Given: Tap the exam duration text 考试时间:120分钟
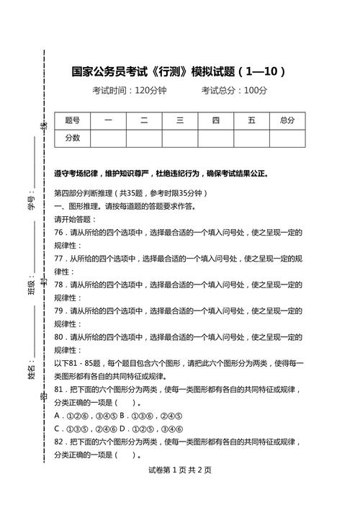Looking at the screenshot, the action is [x=129, y=91].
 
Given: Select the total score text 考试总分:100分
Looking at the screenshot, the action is [x=234, y=91].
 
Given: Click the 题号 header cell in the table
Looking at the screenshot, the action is [x=73, y=120].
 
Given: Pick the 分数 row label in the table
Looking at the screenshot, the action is [x=73, y=138].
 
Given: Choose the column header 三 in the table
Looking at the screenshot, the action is [x=180, y=120].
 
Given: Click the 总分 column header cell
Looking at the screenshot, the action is [x=287, y=120].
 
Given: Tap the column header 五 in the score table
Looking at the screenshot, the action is [x=251, y=120].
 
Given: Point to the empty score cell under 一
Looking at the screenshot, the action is [x=108, y=138].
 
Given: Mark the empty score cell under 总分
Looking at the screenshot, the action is [x=287, y=138].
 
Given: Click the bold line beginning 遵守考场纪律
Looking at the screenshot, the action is [x=161, y=174].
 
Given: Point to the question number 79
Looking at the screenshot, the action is [x=59, y=310].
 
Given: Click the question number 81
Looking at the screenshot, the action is [x=59, y=389].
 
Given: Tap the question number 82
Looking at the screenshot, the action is [x=59, y=442].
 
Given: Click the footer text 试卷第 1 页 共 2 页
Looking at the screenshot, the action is [x=179, y=470].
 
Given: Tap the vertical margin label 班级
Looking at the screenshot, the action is [x=32, y=287].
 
